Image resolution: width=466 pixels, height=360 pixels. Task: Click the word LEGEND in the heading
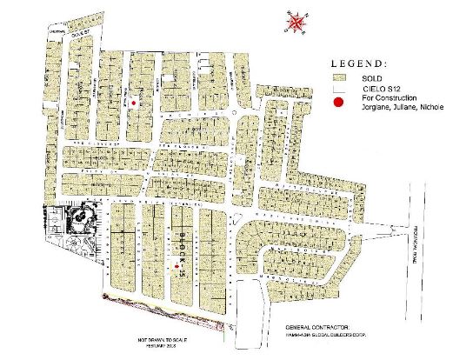[x=360, y=63]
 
